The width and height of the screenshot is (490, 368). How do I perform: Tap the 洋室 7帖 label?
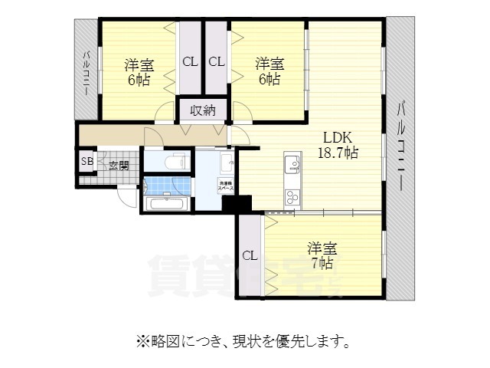321,255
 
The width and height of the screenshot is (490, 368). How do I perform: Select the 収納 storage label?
203,110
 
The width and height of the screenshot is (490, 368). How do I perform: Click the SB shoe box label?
87,162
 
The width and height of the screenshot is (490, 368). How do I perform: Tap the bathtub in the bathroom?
165,204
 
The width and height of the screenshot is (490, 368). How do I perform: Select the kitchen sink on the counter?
293,164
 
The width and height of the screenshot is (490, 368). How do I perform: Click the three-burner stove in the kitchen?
293,197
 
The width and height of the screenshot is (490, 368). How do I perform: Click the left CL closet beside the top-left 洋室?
189,62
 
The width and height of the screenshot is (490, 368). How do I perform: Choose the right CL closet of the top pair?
216,62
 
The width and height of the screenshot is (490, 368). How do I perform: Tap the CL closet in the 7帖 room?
249,256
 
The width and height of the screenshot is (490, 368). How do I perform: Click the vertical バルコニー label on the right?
402,146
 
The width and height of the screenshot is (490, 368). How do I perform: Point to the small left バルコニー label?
87,73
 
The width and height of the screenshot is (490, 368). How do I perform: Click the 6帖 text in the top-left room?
139,80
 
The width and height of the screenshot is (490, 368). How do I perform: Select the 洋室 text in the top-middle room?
269,63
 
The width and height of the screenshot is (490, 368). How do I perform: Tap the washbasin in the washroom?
227,163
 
